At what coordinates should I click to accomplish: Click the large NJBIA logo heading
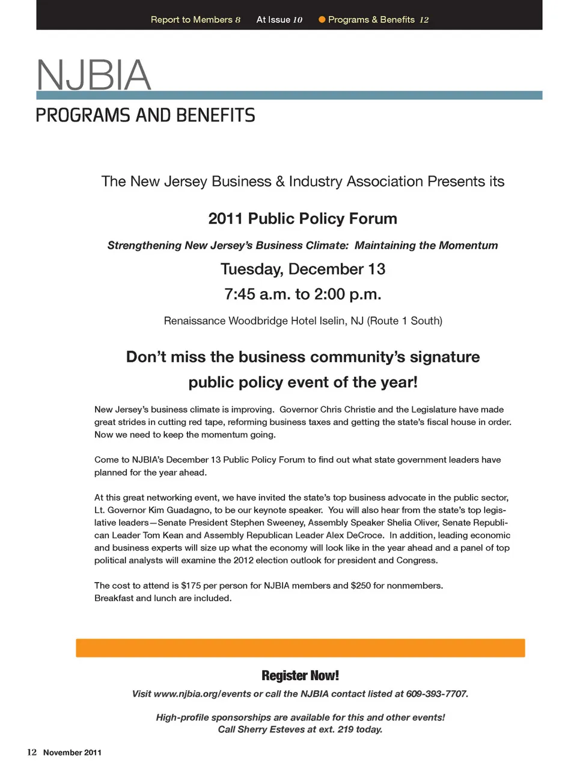click(94, 75)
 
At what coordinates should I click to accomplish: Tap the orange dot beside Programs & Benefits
click(322, 20)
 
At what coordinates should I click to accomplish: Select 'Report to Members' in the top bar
click(191, 20)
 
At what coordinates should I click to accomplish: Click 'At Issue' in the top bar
click(273, 20)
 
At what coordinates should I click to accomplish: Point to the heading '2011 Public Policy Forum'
click(302, 218)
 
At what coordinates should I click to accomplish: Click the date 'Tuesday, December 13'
click(302, 269)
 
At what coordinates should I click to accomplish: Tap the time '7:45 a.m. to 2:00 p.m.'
click(302, 294)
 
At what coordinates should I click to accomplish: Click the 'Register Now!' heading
click(300, 675)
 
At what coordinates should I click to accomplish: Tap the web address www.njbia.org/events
click(203, 694)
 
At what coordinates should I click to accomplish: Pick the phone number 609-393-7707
click(436, 694)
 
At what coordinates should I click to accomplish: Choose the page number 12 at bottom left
click(32, 752)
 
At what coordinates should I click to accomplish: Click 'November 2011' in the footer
click(72, 753)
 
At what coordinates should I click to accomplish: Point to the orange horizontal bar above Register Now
click(300, 648)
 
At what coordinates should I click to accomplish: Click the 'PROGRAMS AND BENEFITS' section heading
click(145, 115)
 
